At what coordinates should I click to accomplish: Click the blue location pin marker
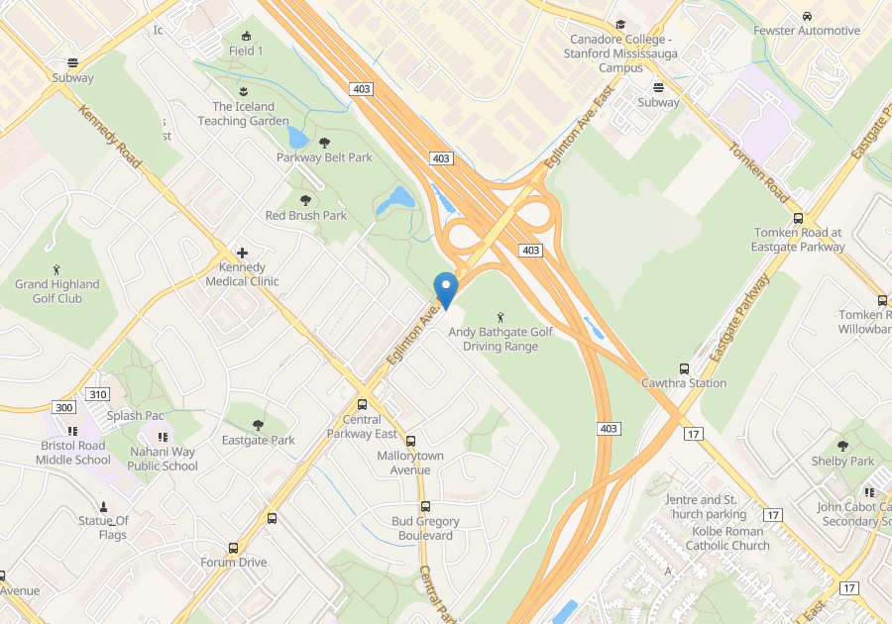pyautogui.click(x=446, y=288)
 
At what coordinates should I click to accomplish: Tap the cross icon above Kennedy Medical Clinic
pyautogui.click(x=242, y=253)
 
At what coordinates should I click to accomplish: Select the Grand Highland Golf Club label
pyautogui.click(x=57, y=291)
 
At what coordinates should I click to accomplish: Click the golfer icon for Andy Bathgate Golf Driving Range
pyautogui.click(x=501, y=317)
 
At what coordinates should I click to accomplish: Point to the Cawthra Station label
pyautogui.click(x=684, y=383)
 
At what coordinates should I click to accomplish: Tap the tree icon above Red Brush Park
pyautogui.click(x=306, y=200)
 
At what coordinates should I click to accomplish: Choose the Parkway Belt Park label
pyautogui.click(x=324, y=157)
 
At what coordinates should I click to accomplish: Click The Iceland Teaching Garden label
pyautogui.click(x=243, y=114)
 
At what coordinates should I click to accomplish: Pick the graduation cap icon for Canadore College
pyautogui.click(x=620, y=25)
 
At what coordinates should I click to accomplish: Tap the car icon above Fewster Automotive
pyautogui.click(x=807, y=16)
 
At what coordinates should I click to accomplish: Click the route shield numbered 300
pyautogui.click(x=64, y=408)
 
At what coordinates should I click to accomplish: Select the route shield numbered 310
pyautogui.click(x=97, y=394)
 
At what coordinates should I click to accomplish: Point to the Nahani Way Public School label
pyautogui.click(x=164, y=459)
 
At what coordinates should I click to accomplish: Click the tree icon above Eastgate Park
pyautogui.click(x=259, y=425)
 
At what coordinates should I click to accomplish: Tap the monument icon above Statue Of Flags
pyautogui.click(x=104, y=506)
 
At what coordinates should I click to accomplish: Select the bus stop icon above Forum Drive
pyautogui.click(x=234, y=548)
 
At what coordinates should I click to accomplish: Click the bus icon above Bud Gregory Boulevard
pyautogui.click(x=426, y=506)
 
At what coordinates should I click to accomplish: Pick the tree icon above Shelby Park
pyautogui.click(x=842, y=446)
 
